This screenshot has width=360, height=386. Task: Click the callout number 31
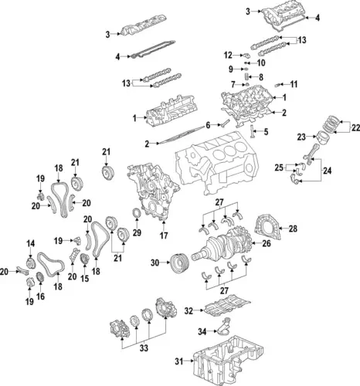click(x=179, y=362)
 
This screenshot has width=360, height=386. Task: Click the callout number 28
click(x=293, y=229)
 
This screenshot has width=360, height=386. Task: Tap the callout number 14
click(x=31, y=244)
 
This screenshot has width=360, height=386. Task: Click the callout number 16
click(x=39, y=296)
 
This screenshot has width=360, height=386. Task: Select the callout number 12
click(x=228, y=55)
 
